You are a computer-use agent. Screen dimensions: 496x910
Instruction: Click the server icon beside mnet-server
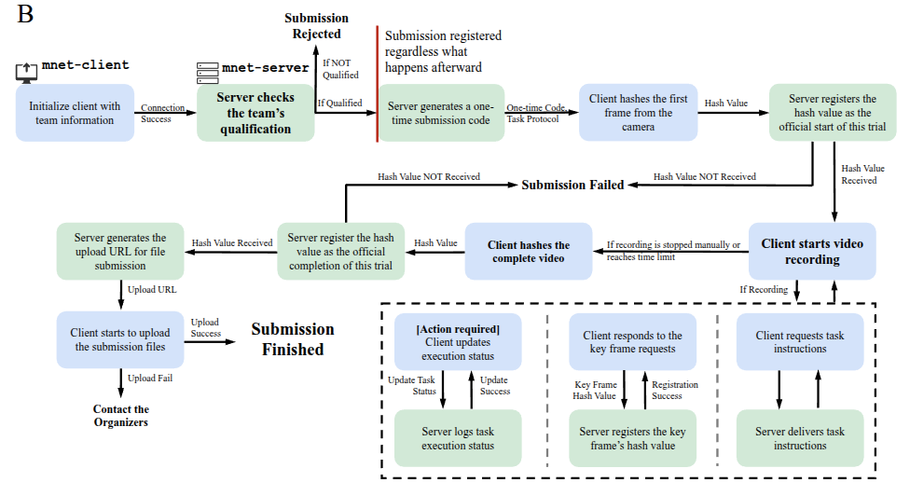click(x=206, y=70)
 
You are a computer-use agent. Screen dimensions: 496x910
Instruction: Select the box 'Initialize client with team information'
click(x=75, y=113)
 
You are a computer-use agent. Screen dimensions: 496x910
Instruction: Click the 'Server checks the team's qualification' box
click(x=255, y=113)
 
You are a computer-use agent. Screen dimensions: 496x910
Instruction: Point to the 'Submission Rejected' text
click(x=316, y=26)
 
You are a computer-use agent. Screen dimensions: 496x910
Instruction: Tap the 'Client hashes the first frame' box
click(x=638, y=113)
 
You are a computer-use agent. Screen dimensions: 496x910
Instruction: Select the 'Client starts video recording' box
click(x=812, y=251)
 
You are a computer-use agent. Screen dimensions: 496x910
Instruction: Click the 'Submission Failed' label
click(x=572, y=185)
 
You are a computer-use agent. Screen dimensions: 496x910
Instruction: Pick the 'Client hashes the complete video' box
click(x=528, y=251)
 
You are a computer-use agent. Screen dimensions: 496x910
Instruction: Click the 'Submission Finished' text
click(x=292, y=339)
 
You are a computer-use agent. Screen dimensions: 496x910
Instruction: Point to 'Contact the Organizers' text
click(x=120, y=415)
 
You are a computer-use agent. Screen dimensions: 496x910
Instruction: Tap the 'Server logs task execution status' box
click(x=457, y=438)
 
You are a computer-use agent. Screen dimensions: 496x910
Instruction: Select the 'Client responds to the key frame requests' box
click(x=632, y=342)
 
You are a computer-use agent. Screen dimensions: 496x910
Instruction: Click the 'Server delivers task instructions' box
click(x=800, y=438)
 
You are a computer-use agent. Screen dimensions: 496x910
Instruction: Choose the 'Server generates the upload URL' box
click(x=120, y=251)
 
